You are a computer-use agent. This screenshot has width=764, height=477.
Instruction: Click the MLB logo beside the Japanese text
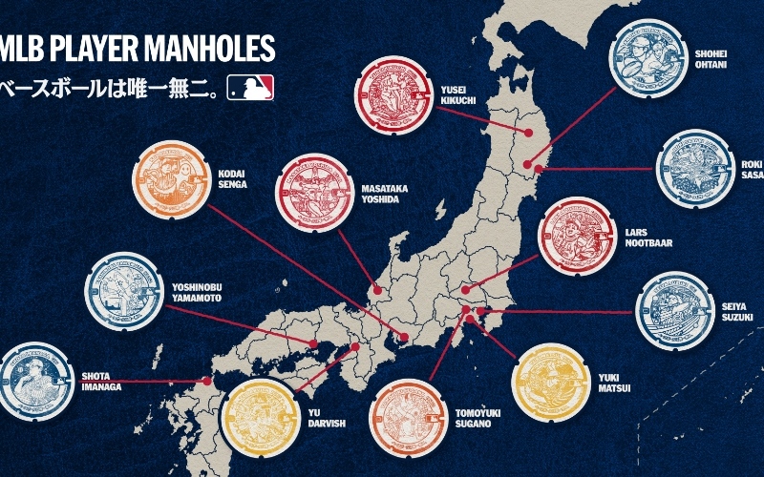pyautogui.click(x=251, y=89)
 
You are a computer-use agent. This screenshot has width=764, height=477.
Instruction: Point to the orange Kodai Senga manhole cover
pyautogui.click(x=174, y=179)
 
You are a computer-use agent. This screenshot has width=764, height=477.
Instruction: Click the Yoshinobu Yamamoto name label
pyautogui.click(x=202, y=292)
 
